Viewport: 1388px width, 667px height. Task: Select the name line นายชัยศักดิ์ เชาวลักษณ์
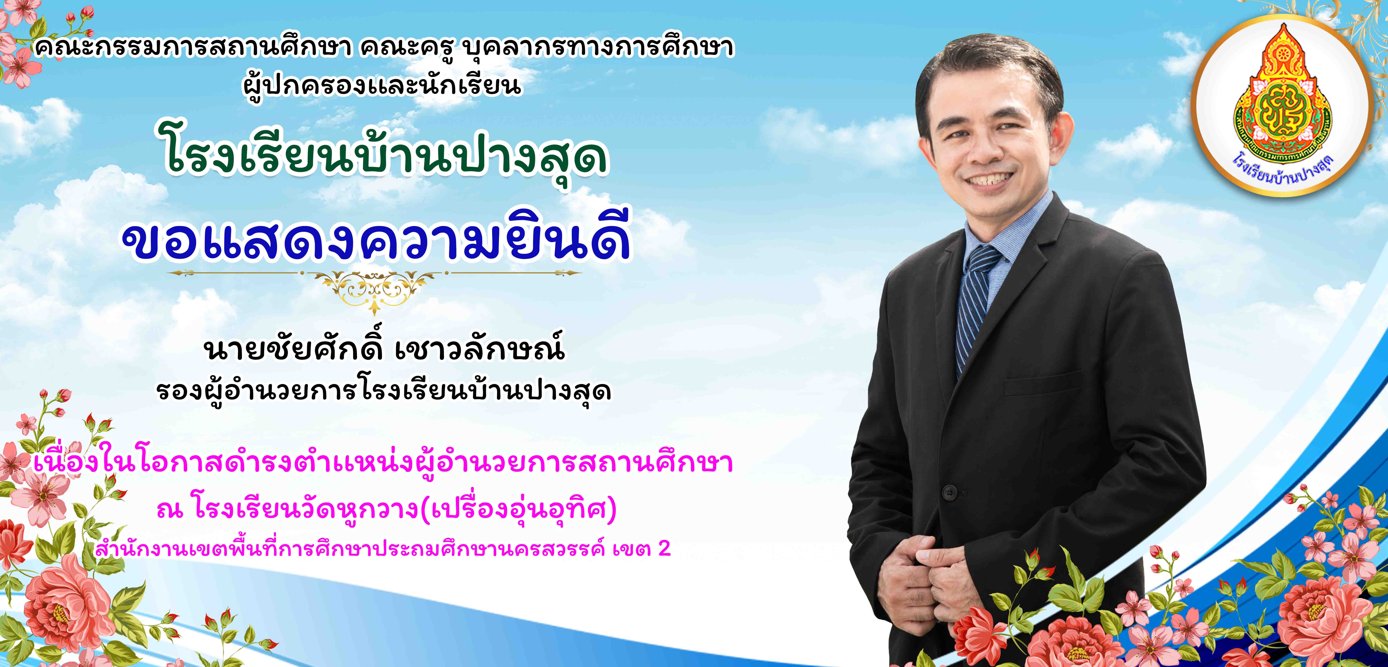pos(384,349)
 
